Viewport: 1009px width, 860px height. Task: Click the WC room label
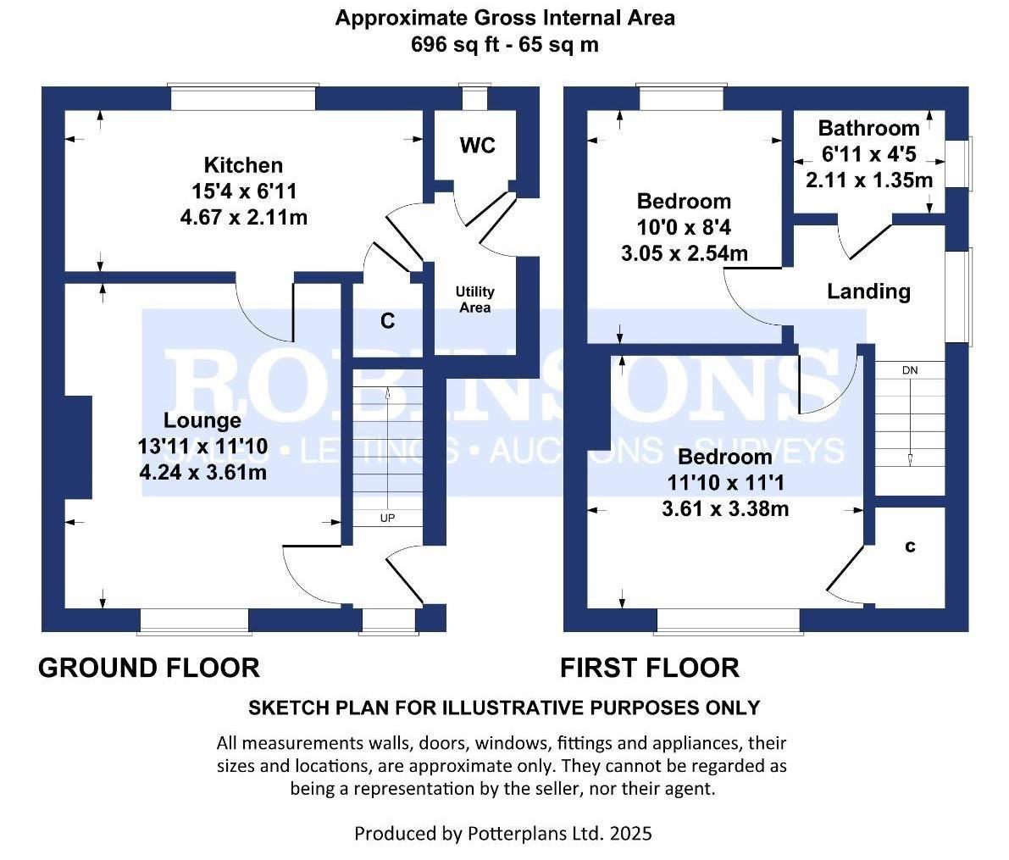[x=477, y=146]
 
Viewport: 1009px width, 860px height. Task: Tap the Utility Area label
[x=474, y=299]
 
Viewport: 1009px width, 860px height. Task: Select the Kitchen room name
[x=243, y=165]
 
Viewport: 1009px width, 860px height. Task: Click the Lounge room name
[x=202, y=420]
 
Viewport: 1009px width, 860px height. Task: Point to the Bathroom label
[x=868, y=128]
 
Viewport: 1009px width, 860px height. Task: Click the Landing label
[x=868, y=291]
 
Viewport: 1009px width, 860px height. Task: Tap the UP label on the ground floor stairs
[x=387, y=518]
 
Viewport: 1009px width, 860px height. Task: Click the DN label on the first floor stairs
[x=909, y=371]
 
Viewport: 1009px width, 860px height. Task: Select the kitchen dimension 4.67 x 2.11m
[x=243, y=218]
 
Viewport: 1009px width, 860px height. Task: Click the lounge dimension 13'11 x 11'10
[x=202, y=447]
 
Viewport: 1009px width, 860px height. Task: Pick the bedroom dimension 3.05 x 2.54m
[x=684, y=253]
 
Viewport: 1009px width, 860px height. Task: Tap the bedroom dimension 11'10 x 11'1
[x=725, y=483]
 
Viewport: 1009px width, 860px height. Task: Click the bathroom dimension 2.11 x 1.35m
[x=868, y=180]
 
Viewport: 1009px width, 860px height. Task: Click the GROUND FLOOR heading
[x=149, y=668]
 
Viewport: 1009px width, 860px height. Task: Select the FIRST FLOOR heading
[x=650, y=668]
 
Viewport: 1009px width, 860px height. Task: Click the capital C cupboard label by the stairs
[x=387, y=321]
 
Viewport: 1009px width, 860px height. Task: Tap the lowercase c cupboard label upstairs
[x=910, y=547]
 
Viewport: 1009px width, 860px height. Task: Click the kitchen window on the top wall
[x=243, y=97]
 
